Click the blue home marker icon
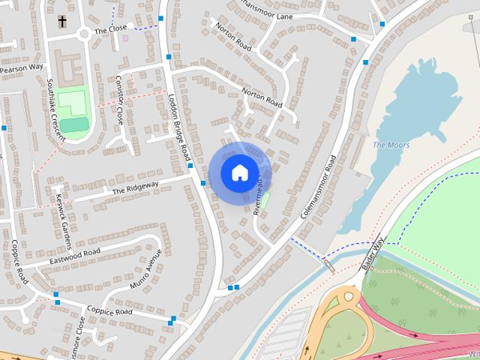click(x=239, y=172)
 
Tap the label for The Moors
click(x=391, y=145)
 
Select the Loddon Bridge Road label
click(x=180, y=127)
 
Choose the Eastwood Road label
click(x=74, y=256)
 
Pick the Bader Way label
click(x=373, y=253)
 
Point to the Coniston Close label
click(x=119, y=99)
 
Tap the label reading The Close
click(x=111, y=31)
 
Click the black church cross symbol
click(x=61, y=21)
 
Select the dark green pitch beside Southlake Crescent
click(x=73, y=124)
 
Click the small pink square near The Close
click(x=125, y=37)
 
